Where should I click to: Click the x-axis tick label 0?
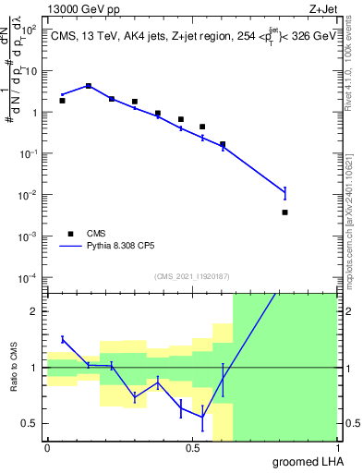tap(46, 448)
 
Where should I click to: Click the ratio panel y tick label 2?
tap(33, 311)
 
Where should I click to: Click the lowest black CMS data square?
tap(284, 212)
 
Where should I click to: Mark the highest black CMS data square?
tap(89, 86)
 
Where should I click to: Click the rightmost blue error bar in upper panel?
tap(284, 192)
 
